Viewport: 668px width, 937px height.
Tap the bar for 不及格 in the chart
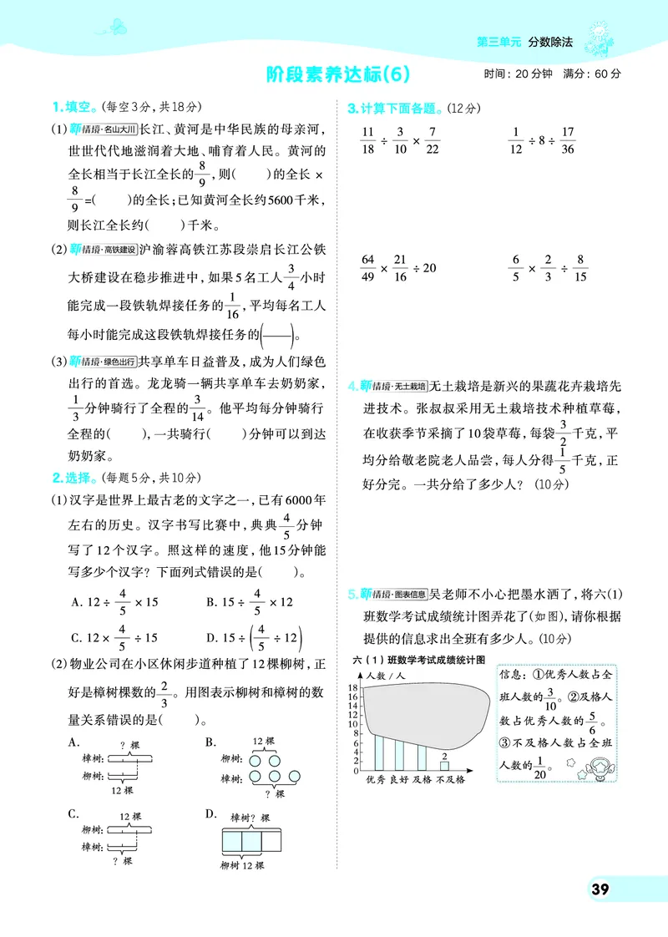(x=444, y=765)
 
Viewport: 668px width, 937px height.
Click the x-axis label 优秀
(x=376, y=780)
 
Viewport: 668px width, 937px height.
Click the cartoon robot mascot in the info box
(x=599, y=766)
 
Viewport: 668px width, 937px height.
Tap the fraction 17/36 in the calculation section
(x=569, y=140)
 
